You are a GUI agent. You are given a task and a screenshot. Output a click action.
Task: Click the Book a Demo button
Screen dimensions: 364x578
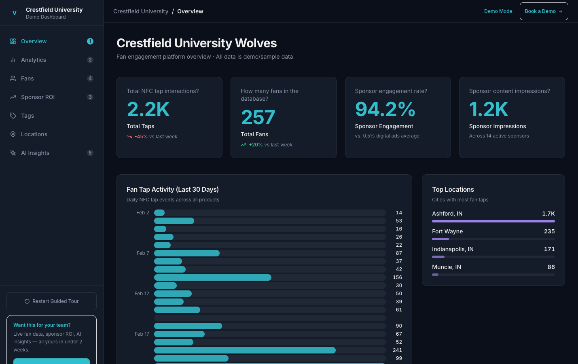pos(544,11)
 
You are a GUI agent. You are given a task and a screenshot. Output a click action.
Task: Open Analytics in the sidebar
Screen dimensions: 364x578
pos(34,60)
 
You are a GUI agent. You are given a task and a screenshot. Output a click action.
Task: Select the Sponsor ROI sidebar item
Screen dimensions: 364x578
pos(38,97)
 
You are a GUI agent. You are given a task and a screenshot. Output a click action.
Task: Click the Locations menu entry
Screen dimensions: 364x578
pos(34,134)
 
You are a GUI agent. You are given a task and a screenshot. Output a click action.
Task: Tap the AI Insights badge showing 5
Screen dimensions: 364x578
pos(90,153)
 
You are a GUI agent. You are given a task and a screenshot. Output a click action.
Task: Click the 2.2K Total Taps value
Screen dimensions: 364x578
pos(148,109)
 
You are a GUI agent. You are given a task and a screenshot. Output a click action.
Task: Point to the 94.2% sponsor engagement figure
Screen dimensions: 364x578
pos(385,109)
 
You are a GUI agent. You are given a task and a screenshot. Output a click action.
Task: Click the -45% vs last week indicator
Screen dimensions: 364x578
pos(141,137)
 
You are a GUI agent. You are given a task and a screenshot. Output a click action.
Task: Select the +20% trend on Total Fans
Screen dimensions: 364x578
pos(256,145)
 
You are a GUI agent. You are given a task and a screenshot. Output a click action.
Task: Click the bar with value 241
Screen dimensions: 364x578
pos(245,350)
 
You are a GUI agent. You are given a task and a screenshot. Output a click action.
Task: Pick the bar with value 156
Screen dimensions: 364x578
pos(213,277)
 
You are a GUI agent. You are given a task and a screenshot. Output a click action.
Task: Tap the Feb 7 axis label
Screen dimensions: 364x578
pos(143,253)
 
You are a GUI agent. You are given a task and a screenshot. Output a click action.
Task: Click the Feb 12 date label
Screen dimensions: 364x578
pos(142,294)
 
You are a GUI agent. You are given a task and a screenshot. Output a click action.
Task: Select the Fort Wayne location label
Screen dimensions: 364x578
pos(447,231)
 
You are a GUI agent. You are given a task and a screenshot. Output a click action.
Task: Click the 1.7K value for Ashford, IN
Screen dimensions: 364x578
pos(548,214)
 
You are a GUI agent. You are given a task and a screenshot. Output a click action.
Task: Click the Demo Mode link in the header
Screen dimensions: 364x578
pos(498,11)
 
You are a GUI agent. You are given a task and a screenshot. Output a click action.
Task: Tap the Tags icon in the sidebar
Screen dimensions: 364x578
pos(13,116)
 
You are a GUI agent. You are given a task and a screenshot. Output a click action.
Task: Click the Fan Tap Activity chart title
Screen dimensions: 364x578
pos(173,189)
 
